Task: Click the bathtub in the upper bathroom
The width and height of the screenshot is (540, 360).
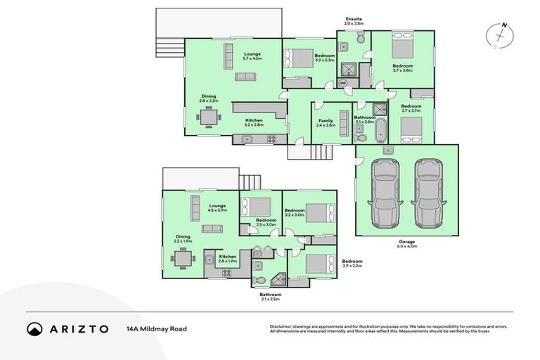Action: coord(381,130)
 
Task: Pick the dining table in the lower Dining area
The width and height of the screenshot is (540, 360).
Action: coord(184,259)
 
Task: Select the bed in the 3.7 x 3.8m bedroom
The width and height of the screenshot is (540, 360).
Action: coord(401,50)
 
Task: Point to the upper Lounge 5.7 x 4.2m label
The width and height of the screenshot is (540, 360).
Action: coord(252,56)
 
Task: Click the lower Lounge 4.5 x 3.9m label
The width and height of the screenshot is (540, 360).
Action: coord(217,207)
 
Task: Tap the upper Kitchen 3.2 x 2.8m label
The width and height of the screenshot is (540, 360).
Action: coord(254,122)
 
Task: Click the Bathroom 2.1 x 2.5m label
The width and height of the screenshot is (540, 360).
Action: coord(270,296)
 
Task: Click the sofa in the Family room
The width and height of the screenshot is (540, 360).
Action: coord(343,124)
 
